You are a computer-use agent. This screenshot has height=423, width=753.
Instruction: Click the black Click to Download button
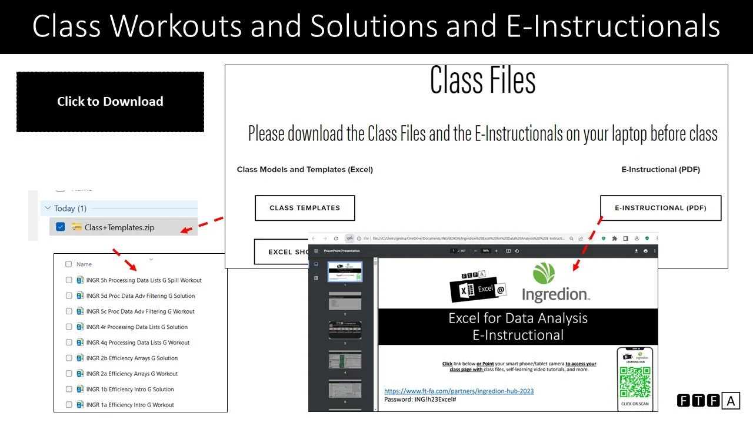point(110,102)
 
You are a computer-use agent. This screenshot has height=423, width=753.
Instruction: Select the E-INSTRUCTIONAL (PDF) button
point(660,208)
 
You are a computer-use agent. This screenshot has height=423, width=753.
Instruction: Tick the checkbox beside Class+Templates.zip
point(60,227)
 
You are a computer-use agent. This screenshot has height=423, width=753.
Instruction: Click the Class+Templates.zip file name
point(119,227)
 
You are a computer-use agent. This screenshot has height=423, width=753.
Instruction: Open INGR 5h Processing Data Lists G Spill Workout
point(144,280)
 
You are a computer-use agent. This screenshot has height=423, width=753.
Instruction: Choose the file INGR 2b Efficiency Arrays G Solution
point(132,358)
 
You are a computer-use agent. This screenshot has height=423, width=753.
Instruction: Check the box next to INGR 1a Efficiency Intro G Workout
point(69,405)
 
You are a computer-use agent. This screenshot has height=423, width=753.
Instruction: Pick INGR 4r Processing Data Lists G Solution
point(136,327)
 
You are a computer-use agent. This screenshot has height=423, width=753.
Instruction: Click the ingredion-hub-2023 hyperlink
point(459,391)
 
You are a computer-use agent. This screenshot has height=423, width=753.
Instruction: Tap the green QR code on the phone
point(635,382)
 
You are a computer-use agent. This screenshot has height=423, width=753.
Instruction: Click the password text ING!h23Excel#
point(420,399)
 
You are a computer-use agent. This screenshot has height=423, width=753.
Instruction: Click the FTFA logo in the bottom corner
point(708,401)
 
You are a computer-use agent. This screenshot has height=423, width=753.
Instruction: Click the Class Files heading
point(482,80)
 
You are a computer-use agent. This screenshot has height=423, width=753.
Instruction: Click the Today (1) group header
point(70,209)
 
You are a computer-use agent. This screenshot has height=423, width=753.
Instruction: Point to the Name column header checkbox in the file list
point(69,264)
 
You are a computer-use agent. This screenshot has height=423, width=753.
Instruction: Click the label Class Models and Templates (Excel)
point(305,170)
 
